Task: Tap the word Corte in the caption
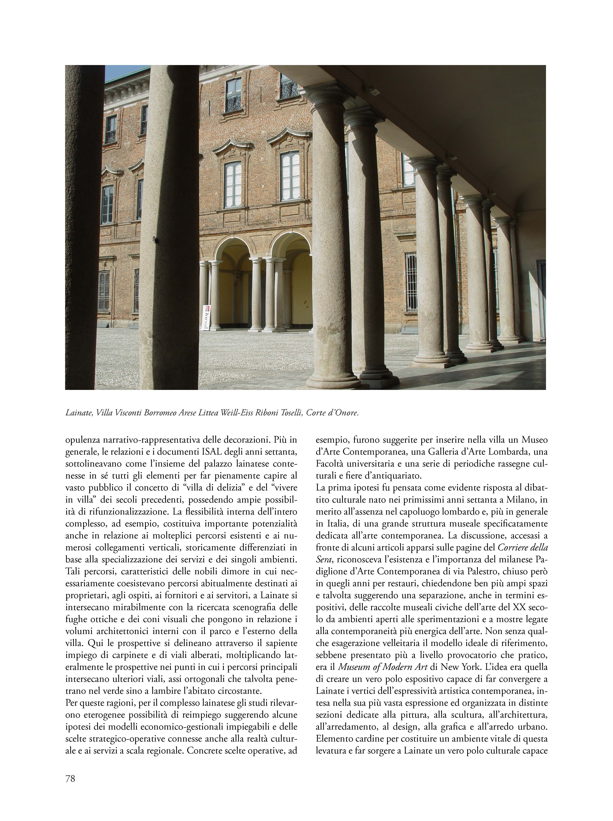click(x=316, y=413)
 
